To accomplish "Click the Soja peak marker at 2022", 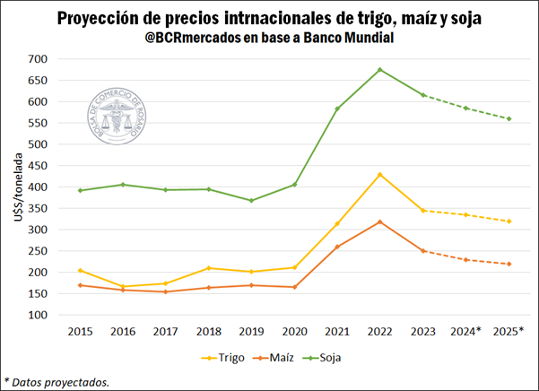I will point(380,69).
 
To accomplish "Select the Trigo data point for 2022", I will point(380,174).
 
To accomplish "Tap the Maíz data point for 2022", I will point(380,222).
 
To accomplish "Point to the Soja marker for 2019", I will point(251,201).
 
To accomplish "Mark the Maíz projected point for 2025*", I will point(509,264).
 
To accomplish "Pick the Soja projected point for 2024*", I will point(466,108).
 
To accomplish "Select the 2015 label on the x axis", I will point(79,332).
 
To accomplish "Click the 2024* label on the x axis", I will point(466,332).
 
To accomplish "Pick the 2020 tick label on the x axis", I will point(294,332).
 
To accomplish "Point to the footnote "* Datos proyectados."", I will point(57,382).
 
